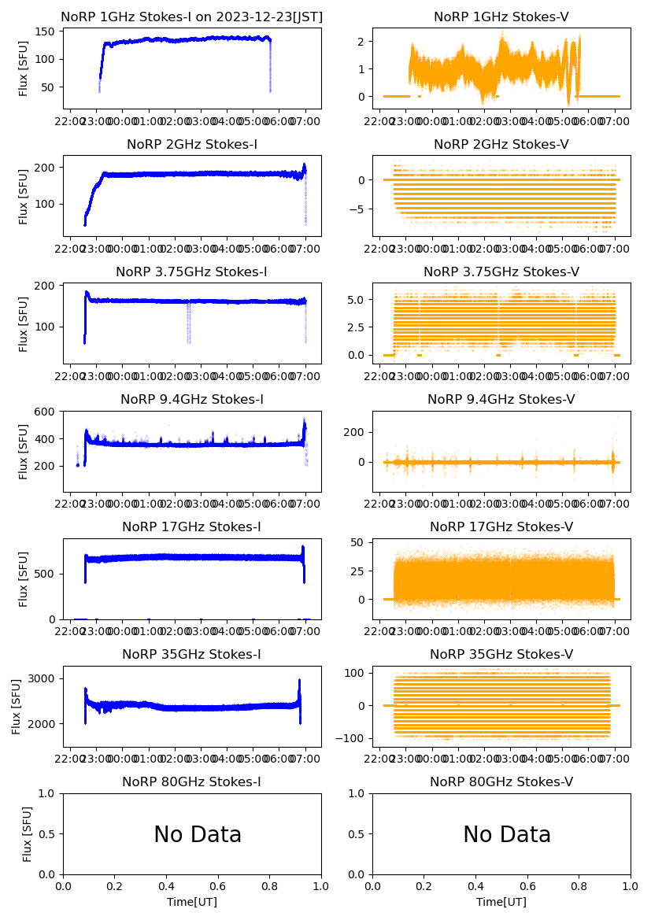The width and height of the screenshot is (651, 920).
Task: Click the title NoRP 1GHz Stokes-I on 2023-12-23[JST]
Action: tap(191, 17)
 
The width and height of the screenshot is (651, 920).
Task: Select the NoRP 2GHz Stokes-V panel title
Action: tap(501, 145)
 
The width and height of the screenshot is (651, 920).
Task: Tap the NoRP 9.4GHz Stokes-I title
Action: tap(191, 400)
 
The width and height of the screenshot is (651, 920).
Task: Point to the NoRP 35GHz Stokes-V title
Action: tap(501, 655)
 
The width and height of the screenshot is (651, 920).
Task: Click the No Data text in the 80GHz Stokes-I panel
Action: tap(198, 834)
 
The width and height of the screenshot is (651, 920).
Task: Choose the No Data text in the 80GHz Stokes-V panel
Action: tap(507, 834)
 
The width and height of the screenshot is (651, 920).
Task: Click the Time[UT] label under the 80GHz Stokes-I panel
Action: tap(192, 902)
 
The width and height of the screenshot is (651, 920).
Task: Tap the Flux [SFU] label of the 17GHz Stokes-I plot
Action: tap(24, 579)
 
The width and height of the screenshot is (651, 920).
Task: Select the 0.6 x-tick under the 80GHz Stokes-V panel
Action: tap(527, 885)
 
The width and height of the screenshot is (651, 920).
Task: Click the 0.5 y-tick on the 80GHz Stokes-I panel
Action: tap(48, 834)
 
